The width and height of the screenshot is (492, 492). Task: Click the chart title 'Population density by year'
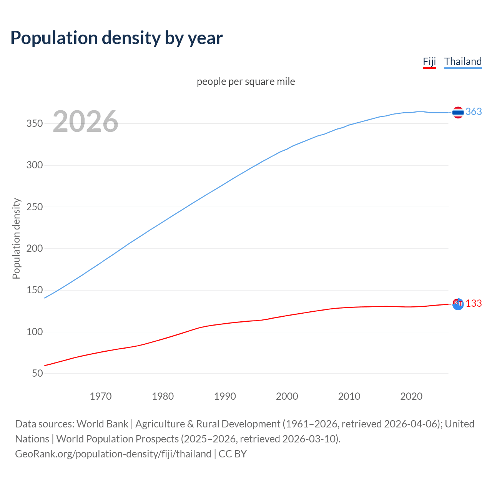click(116, 38)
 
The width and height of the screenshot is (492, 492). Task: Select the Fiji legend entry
click(429, 61)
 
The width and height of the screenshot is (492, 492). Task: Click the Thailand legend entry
click(463, 61)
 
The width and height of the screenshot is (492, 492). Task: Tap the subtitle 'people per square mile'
click(246, 81)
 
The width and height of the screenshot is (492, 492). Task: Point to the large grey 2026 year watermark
click(85, 121)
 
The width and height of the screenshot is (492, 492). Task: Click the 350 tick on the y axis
click(34, 124)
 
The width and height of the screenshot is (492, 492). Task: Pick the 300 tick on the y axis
click(34, 165)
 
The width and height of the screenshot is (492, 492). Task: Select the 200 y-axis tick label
click(34, 249)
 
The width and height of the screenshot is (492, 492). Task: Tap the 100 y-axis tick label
click(34, 332)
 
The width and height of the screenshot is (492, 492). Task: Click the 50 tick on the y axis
click(37, 373)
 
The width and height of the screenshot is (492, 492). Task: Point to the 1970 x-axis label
click(101, 396)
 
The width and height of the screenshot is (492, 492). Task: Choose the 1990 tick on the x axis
click(225, 396)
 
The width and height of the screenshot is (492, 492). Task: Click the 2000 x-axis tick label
click(287, 396)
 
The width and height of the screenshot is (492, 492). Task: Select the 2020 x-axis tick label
click(411, 396)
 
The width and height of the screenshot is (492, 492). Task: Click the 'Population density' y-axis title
click(16, 238)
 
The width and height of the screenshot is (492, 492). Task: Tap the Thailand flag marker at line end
click(458, 112)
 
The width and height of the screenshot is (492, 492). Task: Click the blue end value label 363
click(474, 111)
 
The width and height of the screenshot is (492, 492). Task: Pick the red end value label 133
click(474, 303)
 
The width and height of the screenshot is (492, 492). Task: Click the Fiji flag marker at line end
click(458, 304)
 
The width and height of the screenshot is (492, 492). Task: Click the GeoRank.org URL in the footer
click(113, 454)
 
